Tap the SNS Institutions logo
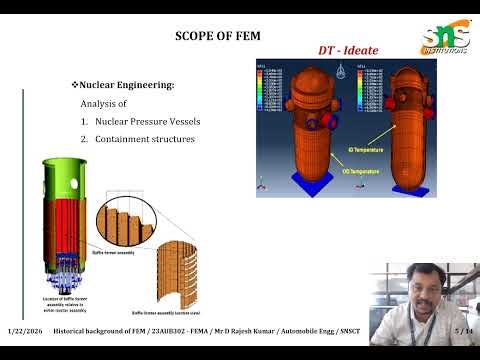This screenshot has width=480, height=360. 442,34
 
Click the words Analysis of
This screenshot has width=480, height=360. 106,104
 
